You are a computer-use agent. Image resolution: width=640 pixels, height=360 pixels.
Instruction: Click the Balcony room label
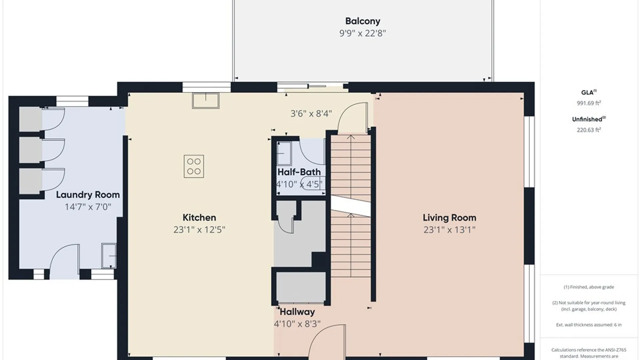click(363, 21)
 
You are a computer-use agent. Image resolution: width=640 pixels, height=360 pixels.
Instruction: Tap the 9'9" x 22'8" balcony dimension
click(363, 33)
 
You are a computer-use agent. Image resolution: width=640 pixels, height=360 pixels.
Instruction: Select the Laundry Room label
click(88, 195)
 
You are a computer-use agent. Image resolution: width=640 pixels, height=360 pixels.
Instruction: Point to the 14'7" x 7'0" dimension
click(88, 207)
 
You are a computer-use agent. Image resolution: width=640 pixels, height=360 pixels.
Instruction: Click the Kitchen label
click(199, 218)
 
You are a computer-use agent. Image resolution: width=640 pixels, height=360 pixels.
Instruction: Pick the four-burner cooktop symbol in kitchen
click(194, 166)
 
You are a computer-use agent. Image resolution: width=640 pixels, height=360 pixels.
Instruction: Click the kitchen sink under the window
click(206, 100)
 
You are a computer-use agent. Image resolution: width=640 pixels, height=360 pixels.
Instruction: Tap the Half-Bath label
click(299, 172)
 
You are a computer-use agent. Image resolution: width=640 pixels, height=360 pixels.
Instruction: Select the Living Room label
click(449, 218)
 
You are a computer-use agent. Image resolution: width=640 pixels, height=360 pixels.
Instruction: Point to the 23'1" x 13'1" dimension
click(449, 230)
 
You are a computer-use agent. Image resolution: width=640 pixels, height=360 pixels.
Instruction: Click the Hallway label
click(297, 312)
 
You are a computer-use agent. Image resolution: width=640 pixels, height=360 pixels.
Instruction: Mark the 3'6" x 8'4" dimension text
click(311, 114)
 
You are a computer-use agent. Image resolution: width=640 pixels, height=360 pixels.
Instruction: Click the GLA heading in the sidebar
click(587, 93)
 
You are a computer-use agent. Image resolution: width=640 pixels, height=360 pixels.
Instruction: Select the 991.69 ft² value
click(589, 103)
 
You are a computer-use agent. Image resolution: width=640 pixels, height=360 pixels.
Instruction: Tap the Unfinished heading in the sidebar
click(589, 119)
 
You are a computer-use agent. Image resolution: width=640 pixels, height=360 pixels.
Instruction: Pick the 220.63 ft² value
click(589, 130)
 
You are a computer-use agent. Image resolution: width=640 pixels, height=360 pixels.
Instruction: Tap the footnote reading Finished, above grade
click(589, 287)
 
